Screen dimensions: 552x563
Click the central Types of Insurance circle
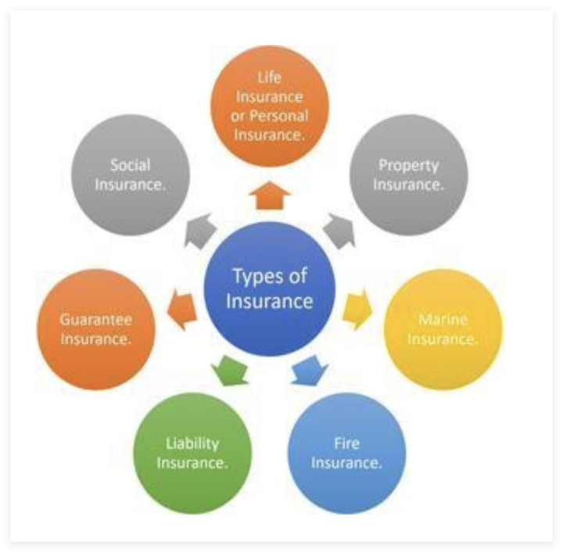(x=270, y=289)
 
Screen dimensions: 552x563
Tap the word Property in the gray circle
(x=408, y=165)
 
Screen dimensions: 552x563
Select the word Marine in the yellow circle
(x=443, y=320)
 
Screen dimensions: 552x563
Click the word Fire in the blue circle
(x=346, y=443)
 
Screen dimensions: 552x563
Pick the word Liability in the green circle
(x=192, y=443)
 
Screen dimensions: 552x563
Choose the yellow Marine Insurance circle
(x=443, y=329)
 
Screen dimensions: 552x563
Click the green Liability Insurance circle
(x=192, y=453)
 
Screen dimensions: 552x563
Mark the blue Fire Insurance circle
(x=346, y=453)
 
